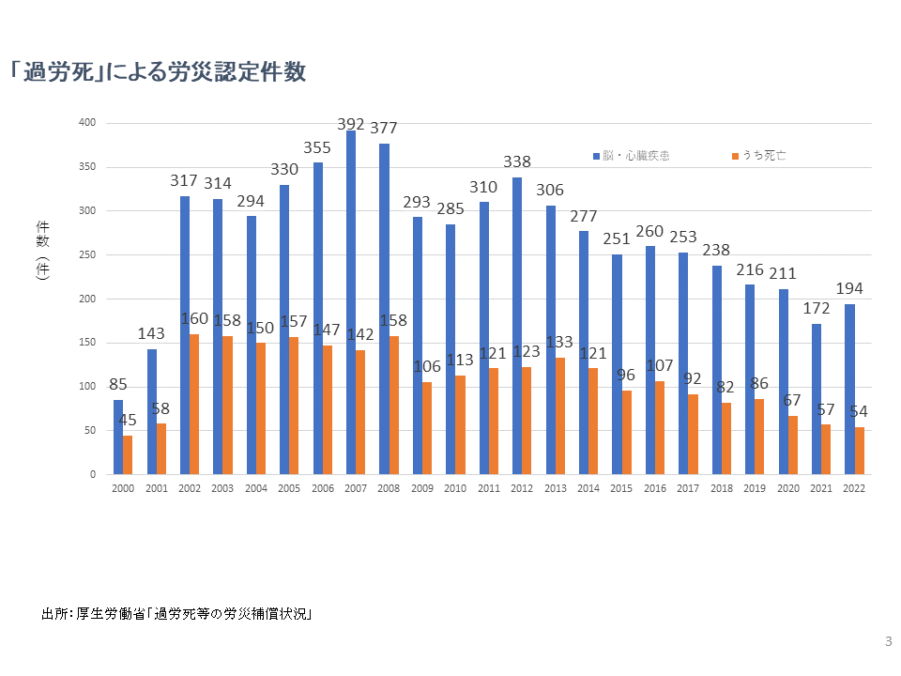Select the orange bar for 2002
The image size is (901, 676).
point(194,404)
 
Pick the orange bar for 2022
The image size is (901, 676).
point(859,451)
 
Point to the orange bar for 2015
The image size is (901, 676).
point(626,432)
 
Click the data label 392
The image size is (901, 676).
point(352,123)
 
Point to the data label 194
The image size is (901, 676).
point(849,288)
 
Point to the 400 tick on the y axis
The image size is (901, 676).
point(87,123)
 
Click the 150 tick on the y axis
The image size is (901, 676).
point(87,343)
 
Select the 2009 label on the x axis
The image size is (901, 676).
point(422,488)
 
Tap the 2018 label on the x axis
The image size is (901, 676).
point(722,488)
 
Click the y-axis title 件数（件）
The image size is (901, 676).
point(42,249)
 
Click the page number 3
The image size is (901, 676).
point(888,642)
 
